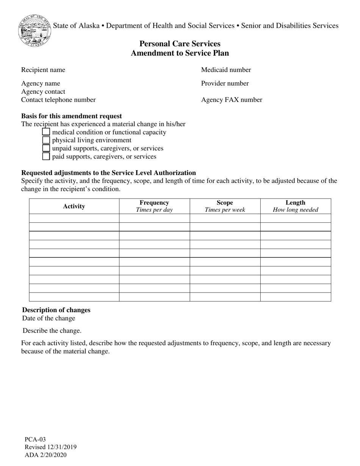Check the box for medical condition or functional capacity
coord(46,132)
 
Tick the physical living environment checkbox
coord(46,140)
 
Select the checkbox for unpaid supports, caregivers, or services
coord(46,148)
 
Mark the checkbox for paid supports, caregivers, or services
coord(46,156)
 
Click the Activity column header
coord(74,206)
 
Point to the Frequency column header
coord(154,206)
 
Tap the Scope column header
coord(225,206)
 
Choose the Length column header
coord(296,206)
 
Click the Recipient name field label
coord(43,70)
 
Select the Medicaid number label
coord(226,70)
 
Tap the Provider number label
coord(225,83)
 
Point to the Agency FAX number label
coord(232,100)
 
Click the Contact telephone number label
coord(58,100)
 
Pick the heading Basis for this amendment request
coord(72,116)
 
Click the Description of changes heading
coord(56,310)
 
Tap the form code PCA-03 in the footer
coord(35,439)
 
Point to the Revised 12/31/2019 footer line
coord(50,447)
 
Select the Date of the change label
coord(49,318)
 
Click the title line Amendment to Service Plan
coord(180,53)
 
